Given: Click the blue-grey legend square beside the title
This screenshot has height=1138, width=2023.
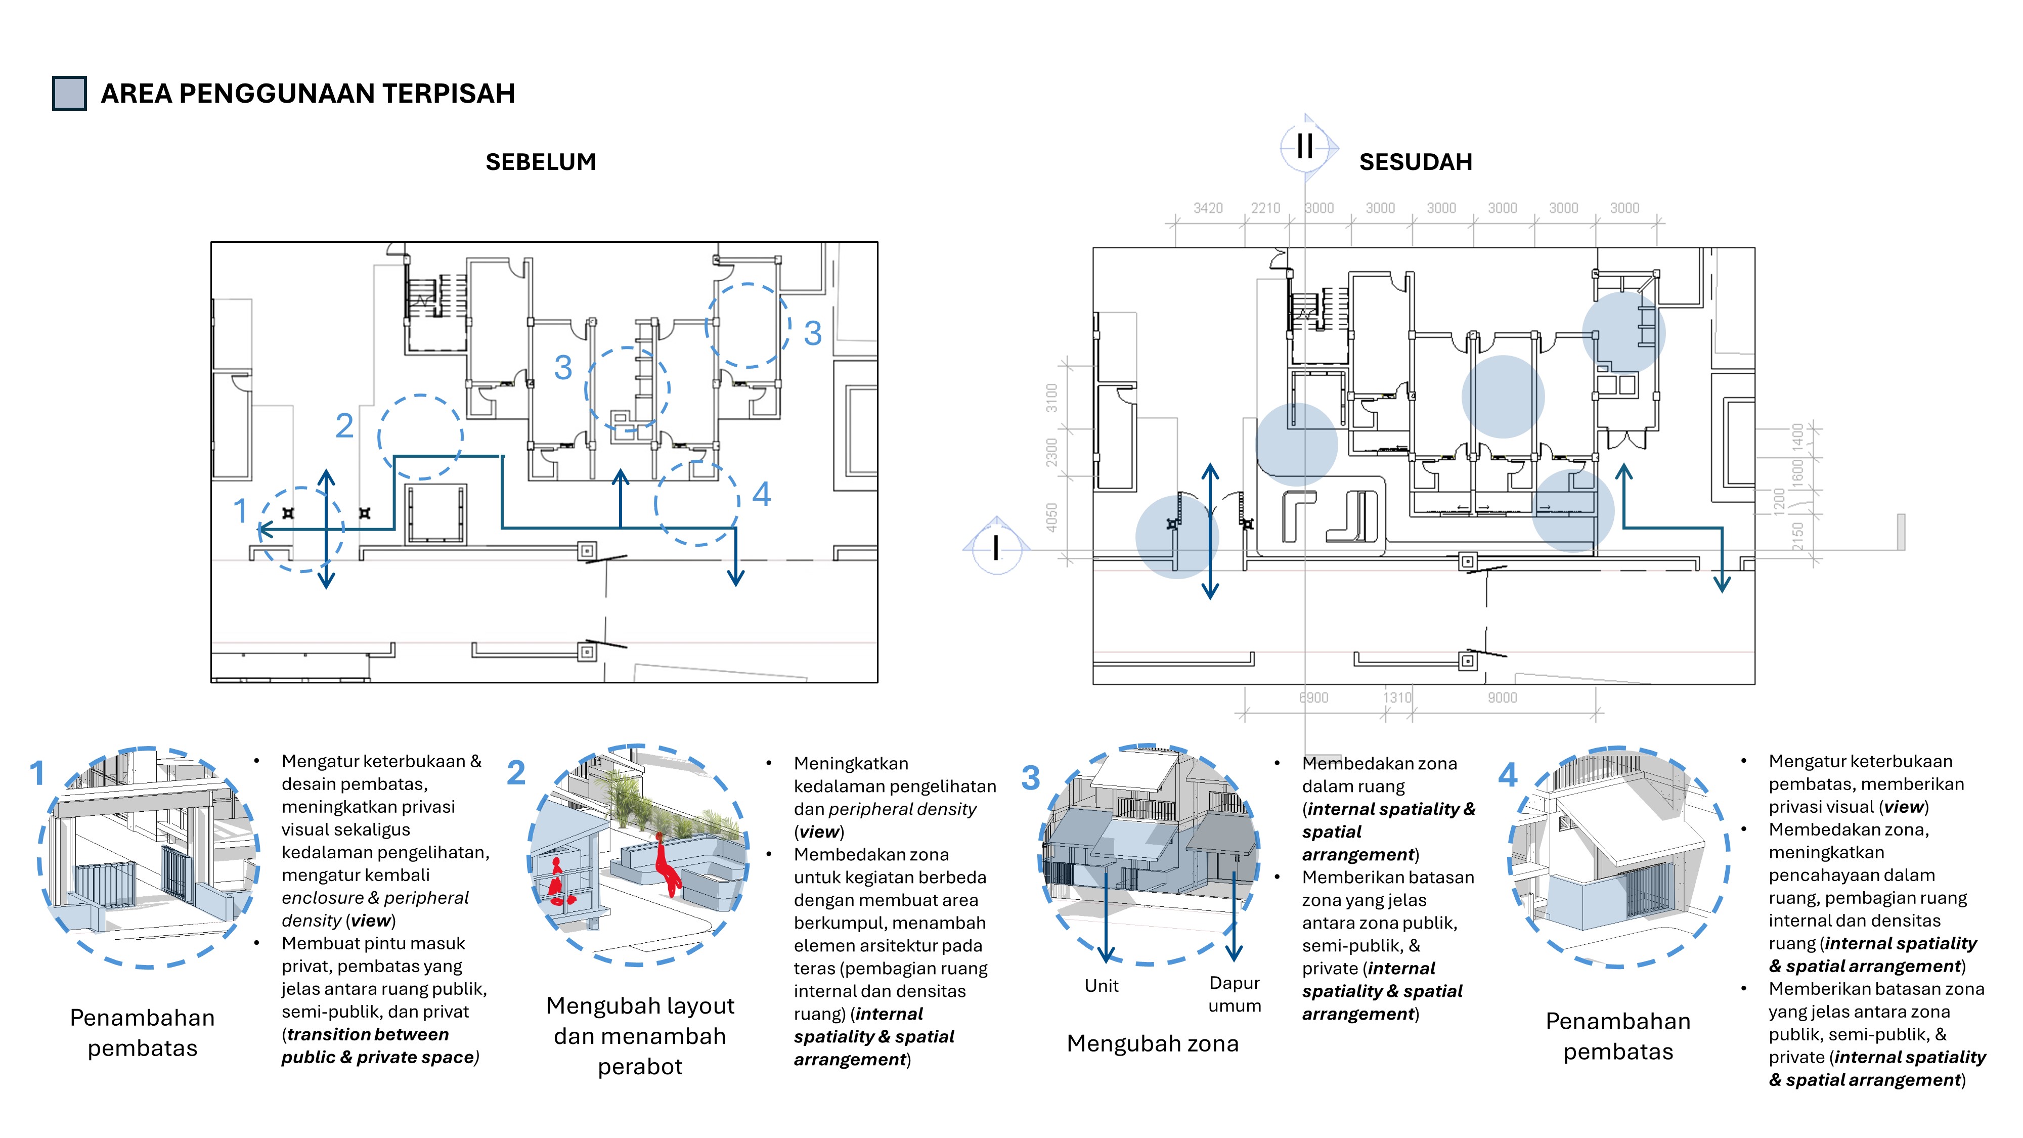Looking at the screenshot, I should (x=69, y=94).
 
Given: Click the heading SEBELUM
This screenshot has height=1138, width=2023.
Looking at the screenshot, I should (x=540, y=162).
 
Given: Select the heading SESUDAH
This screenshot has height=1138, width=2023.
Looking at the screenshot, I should (x=1415, y=162).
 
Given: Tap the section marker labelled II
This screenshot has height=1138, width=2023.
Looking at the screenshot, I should (x=1305, y=147).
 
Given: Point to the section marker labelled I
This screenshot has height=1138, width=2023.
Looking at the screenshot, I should (x=996, y=547).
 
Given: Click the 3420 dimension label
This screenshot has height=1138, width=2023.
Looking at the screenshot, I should (x=1208, y=208).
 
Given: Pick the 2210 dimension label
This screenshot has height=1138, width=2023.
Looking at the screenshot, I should (x=1265, y=208).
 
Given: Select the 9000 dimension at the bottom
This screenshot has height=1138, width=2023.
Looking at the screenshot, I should (x=1502, y=697).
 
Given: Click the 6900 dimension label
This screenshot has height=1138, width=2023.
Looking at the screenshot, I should (x=1313, y=697).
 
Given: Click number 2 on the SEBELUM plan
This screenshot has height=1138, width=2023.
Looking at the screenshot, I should (x=344, y=426).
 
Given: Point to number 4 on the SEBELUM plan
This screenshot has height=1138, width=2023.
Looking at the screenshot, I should (x=761, y=495).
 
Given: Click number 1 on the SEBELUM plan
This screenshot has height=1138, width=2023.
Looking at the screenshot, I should (x=240, y=511).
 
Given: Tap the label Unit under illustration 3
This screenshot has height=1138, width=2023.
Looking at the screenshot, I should (x=1101, y=986).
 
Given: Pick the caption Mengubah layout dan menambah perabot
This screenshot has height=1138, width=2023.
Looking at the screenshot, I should (x=640, y=1036).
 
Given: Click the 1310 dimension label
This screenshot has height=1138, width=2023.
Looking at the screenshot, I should (x=1397, y=697).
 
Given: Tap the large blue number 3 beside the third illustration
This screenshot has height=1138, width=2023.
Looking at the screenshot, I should (x=1030, y=778).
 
